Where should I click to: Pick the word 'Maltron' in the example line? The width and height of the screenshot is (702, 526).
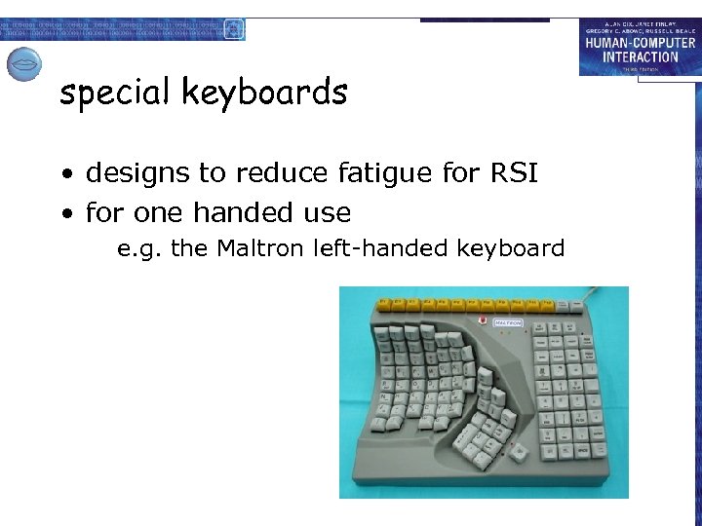coord(261,248)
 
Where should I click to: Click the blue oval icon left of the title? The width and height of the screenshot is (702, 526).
coord(23,64)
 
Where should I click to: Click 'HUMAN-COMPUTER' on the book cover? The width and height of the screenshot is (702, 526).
coord(640,43)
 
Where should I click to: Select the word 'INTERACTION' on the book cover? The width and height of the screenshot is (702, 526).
coord(640,56)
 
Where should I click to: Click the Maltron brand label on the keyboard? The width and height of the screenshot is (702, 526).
coord(508,322)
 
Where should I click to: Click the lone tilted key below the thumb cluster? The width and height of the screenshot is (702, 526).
coord(519,450)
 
